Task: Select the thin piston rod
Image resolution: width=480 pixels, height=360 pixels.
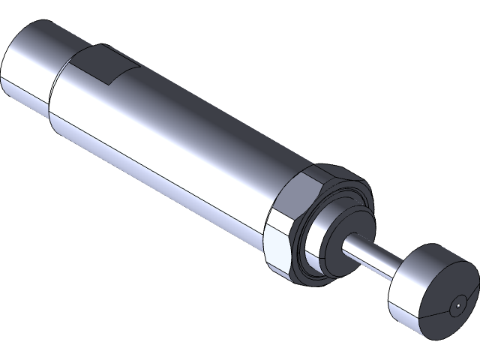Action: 375,259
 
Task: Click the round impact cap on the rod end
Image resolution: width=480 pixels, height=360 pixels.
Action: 431,289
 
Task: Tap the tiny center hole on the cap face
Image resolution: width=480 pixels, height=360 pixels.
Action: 457,307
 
